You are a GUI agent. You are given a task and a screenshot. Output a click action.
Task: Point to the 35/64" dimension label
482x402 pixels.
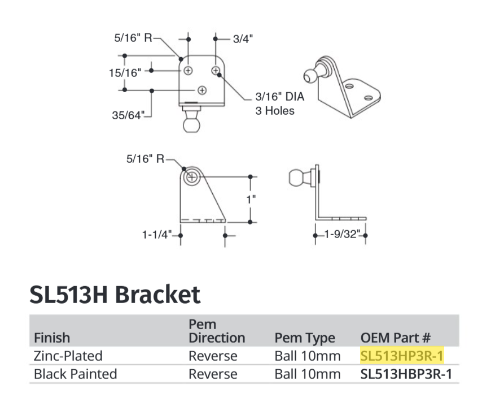pos(128,115)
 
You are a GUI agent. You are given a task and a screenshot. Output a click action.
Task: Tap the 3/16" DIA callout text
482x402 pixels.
pos(279,97)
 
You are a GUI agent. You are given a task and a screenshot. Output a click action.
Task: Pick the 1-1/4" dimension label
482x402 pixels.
pos(157,234)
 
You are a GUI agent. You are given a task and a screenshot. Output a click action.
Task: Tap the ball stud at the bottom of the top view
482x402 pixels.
pos(191,120)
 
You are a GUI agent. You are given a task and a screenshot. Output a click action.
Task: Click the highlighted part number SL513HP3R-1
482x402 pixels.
pos(402,356)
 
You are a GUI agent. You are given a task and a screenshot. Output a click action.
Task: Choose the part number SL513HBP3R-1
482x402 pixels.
pos(406,374)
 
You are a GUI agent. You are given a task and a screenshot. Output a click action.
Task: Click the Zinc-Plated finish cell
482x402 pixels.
pos(68,356)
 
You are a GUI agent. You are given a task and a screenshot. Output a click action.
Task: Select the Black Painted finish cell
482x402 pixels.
pos(76,374)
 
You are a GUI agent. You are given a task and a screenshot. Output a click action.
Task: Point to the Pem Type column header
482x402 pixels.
pos(304,338)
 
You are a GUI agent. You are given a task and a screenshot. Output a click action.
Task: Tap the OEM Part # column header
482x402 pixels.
pos(396,338)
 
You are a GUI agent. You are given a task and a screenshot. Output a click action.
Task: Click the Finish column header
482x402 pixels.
pos(52,338)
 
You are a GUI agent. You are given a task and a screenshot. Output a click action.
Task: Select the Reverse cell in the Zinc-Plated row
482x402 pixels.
pos(213,356)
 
